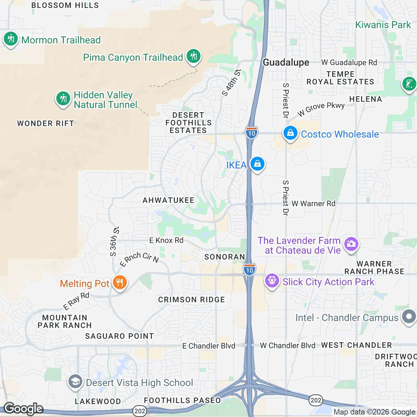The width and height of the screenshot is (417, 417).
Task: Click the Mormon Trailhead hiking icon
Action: point(11,39)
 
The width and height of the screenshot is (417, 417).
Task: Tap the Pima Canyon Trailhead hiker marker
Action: point(193,56)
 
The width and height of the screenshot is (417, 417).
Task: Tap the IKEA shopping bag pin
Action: point(257,164)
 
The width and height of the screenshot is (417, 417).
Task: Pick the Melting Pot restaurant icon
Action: point(120,283)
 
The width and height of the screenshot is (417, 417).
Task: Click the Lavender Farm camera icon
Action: point(351,244)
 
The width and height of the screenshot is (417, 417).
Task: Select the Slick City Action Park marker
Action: point(272,281)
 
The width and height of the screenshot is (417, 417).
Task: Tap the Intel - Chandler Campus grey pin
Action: point(409,317)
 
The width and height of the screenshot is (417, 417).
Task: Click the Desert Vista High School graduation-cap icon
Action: point(75,382)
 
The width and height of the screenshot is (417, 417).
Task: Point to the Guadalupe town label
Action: point(286,63)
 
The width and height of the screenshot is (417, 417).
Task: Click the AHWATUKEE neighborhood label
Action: point(169,200)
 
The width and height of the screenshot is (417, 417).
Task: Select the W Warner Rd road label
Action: point(313,204)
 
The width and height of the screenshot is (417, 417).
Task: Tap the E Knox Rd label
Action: point(166,240)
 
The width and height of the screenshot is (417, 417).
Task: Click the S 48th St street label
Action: point(231,83)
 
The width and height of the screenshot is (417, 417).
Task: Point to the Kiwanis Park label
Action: point(383,25)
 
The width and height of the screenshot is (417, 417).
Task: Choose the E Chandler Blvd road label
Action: point(209,346)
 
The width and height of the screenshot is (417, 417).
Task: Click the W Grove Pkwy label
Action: point(321,109)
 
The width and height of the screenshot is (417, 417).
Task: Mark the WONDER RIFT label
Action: point(46,124)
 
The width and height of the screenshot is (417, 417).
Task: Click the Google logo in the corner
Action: point(23,409)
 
